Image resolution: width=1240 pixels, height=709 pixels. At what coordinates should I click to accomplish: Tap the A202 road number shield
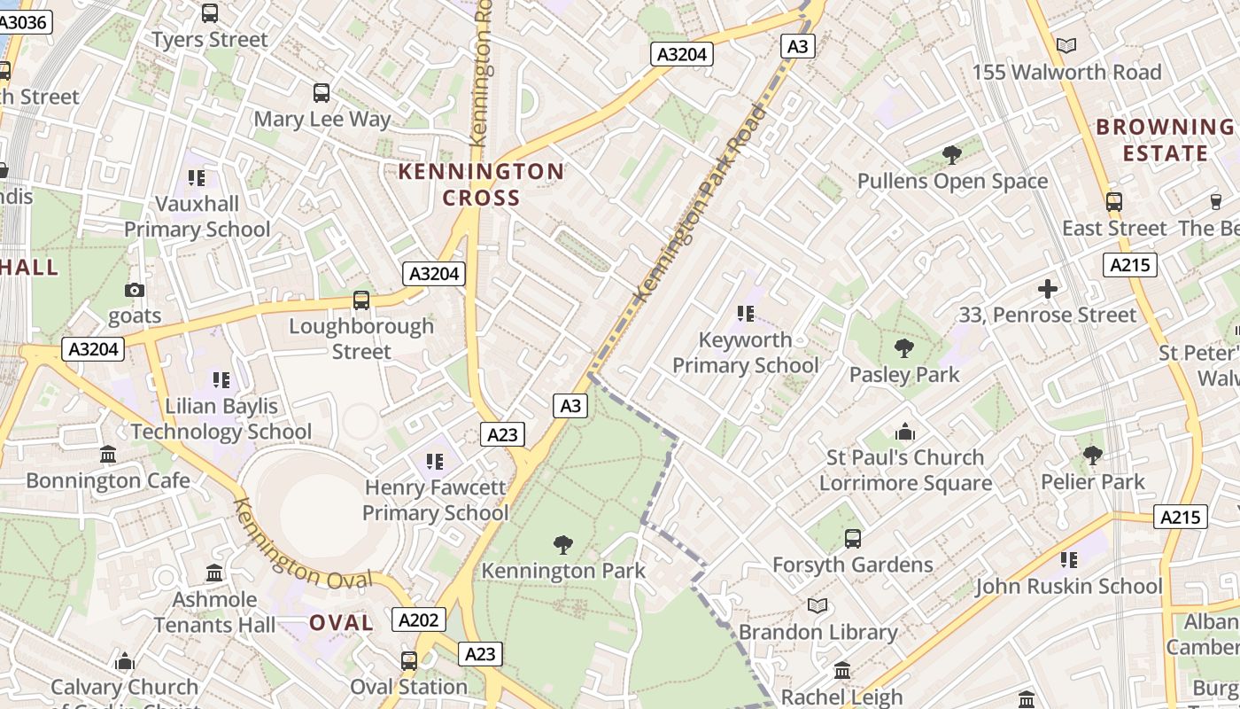[x=418, y=619]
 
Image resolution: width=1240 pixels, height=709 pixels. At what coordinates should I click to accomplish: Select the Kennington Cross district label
[x=480, y=184]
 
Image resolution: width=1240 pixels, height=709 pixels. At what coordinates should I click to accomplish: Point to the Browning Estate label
[x=1165, y=140]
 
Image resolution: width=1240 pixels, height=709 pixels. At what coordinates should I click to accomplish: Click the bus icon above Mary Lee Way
[x=322, y=92]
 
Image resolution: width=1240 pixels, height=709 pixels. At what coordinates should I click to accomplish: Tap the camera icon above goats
[x=135, y=290]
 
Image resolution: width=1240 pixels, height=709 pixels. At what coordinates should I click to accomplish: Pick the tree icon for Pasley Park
[x=903, y=348]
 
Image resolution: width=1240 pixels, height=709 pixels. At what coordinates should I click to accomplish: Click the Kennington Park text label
[x=563, y=571]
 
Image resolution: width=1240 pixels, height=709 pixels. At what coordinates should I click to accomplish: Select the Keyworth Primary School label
[x=745, y=353]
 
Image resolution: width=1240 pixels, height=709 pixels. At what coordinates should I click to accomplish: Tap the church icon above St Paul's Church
[x=905, y=432]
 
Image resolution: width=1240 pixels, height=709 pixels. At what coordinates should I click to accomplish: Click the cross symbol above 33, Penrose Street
[x=1048, y=289]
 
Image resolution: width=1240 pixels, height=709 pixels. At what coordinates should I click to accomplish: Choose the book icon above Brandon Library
[x=818, y=606]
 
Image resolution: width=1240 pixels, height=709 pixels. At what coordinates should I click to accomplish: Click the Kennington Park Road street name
[x=700, y=203]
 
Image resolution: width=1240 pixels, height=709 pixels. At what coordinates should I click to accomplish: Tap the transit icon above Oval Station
[x=408, y=660]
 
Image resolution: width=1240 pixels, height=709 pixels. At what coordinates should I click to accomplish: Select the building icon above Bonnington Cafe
[x=108, y=455]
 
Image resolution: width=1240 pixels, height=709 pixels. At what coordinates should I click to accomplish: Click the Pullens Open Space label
[x=952, y=182]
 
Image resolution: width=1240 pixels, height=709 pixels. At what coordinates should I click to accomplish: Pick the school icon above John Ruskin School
[x=1069, y=560]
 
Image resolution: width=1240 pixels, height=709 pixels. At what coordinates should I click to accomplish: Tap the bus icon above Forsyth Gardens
[x=852, y=538]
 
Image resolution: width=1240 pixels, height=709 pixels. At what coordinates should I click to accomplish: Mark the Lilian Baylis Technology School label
[x=221, y=419]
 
